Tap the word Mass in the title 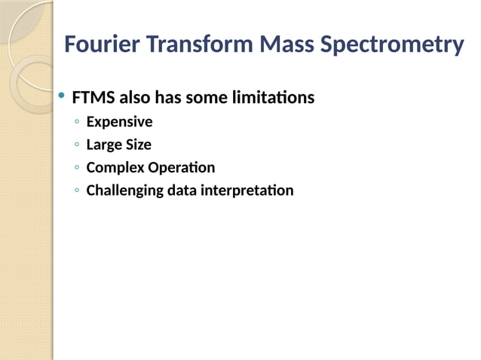[287, 45]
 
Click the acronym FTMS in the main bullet [93, 99]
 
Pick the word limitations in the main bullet [271, 99]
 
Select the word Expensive [119, 122]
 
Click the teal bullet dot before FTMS [61, 97]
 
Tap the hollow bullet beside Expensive [77, 123]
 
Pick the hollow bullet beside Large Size [77, 145]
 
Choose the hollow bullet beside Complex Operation [77, 169]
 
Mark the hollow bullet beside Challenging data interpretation [77, 191]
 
